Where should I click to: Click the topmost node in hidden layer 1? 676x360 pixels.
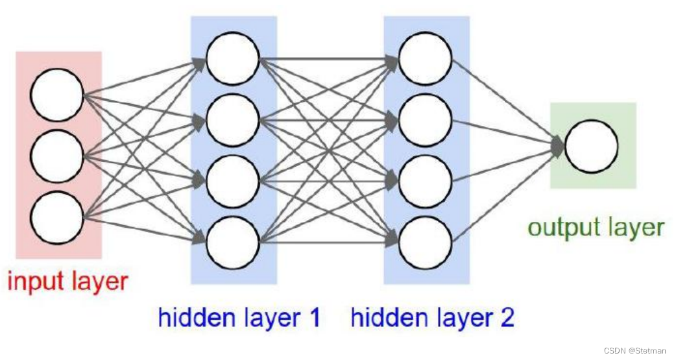[x=233, y=59]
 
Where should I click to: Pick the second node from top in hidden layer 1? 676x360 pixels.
[x=233, y=121]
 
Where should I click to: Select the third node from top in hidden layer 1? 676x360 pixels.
[x=233, y=182]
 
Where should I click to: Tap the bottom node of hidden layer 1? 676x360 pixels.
[x=233, y=243]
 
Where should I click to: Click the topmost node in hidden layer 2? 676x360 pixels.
[x=425, y=59]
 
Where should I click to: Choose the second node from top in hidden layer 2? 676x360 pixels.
[x=425, y=121]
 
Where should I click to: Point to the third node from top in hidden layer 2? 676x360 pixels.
[x=425, y=182]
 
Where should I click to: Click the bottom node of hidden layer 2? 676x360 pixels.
[x=425, y=243]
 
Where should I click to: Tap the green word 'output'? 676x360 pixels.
[x=562, y=228]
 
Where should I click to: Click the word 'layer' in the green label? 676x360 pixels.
[x=633, y=228]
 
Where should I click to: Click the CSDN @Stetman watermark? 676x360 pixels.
[x=634, y=351]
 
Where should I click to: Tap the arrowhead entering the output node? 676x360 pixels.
[x=559, y=146]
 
